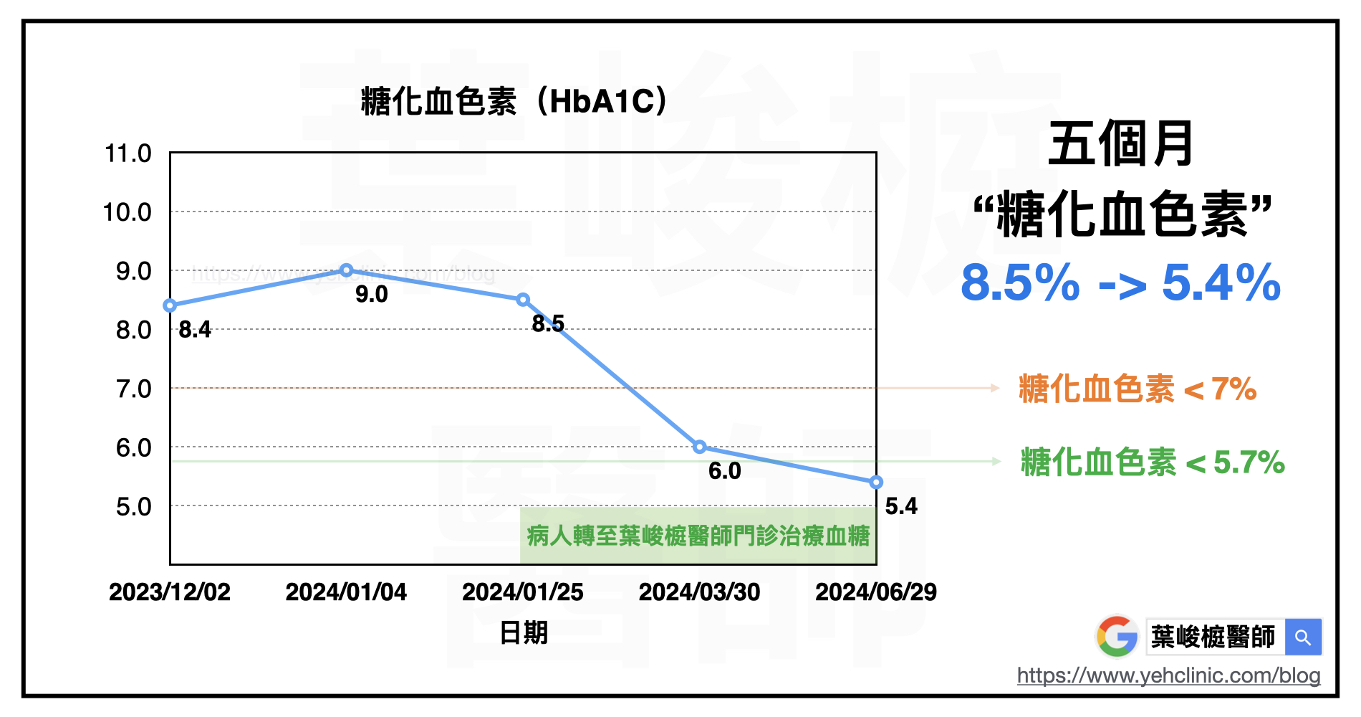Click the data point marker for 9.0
347,270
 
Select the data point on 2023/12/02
170,305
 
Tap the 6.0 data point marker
700,447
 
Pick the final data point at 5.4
876,483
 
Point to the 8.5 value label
548,324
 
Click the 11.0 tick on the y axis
128,153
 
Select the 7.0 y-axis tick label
134,389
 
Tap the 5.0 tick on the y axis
134,507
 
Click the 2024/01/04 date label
346,592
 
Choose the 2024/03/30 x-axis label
699,592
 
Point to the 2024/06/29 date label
876,592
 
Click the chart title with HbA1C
514,101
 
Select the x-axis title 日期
524,633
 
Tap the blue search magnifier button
1303,637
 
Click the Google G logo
1117,637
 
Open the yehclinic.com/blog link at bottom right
1168,675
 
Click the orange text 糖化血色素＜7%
1138,389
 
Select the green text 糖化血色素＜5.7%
1153,462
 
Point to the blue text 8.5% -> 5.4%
1120,283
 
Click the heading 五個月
1121,143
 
